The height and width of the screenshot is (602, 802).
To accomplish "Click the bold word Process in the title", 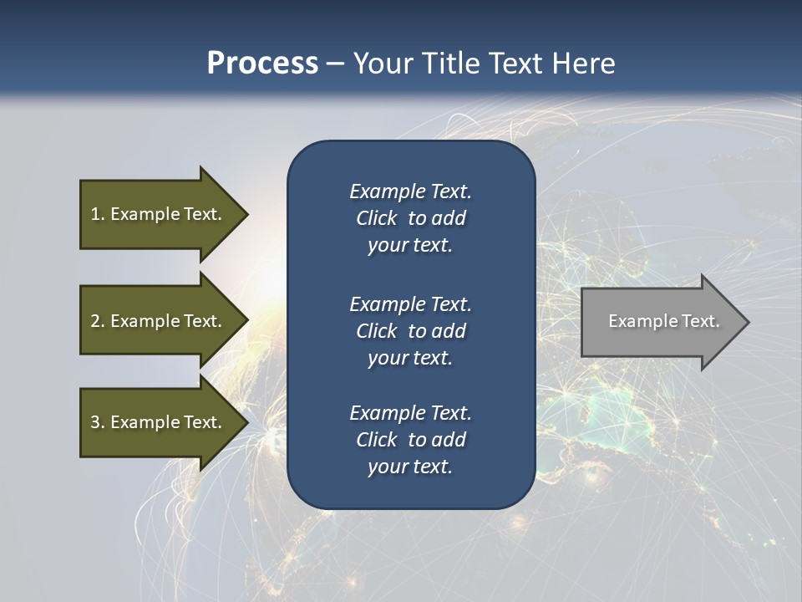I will (262, 64).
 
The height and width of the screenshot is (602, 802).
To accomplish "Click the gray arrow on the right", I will (660, 322).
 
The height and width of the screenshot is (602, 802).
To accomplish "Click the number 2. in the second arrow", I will (98, 321).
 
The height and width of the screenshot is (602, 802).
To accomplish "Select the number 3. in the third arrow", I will (98, 422).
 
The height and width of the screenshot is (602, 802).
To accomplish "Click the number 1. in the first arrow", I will (98, 214).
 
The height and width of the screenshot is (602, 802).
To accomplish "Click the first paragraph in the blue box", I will (410, 218).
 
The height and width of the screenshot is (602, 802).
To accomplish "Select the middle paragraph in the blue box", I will (410, 330).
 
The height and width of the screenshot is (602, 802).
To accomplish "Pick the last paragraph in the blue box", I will (410, 440).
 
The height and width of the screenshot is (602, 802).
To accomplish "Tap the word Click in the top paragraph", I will (377, 218).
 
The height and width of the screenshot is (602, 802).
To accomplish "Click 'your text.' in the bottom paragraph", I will (410, 467).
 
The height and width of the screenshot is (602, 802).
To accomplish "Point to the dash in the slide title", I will (335, 64).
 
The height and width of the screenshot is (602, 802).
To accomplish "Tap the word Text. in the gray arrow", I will (700, 321).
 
